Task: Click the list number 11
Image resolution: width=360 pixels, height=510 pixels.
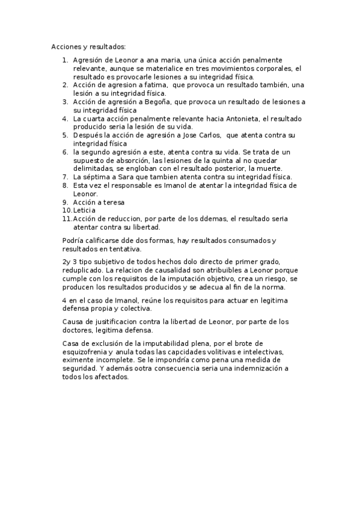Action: [66, 220]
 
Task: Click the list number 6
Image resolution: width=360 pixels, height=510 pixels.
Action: [66, 153]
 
